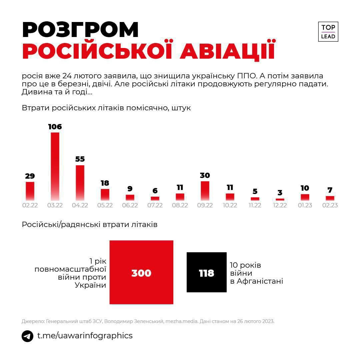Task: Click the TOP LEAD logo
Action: (x=328, y=32)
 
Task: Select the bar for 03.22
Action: (x=55, y=166)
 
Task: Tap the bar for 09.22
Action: (x=205, y=191)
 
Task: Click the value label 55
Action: (x=80, y=159)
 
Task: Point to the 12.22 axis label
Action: (x=280, y=205)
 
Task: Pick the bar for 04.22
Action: (x=80, y=183)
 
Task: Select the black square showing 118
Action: (x=207, y=272)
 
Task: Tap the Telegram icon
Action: (x=27, y=336)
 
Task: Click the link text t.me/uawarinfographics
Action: (x=85, y=336)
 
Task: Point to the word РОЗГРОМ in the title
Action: (x=80, y=30)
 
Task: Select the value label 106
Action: (x=55, y=127)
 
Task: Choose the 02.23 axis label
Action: (x=330, y=205)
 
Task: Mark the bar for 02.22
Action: (x=30, y=191)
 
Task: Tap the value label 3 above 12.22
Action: (x=280, y=193)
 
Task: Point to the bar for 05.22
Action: (x=105, y=194)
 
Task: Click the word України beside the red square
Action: (x=90, y=285)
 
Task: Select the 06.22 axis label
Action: (x=130, y=205)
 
